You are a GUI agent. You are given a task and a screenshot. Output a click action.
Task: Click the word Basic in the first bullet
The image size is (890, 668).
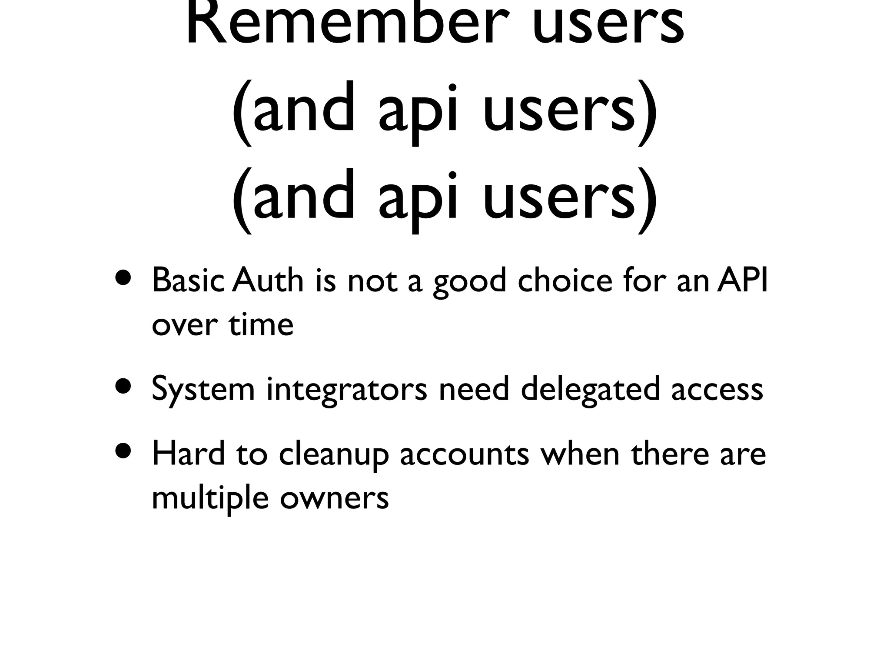point(188,281)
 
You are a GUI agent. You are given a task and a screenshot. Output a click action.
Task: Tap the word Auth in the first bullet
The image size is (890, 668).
point(268,281)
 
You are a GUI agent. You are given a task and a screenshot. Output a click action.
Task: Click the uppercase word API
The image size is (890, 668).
point(742,281)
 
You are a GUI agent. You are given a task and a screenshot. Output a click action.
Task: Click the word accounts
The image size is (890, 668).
point(465,454)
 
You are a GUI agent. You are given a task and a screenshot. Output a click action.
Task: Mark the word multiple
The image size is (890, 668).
point(210,498)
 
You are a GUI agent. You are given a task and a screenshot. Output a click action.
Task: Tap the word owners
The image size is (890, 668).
point(334,498)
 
